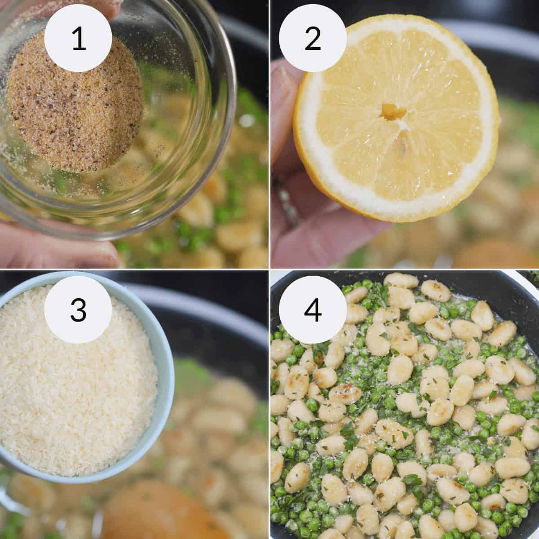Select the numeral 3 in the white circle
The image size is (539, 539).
79,310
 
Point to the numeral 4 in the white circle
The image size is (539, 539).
312,310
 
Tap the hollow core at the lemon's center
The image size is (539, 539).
387,111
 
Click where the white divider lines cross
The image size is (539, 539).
269,269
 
